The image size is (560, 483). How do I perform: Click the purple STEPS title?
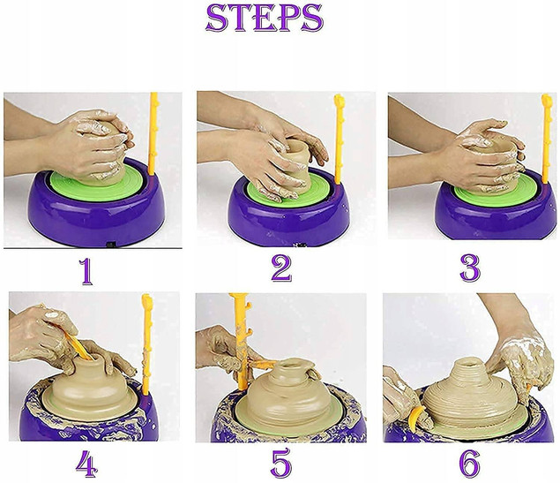point(265,18)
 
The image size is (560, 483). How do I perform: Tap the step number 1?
point(86,272)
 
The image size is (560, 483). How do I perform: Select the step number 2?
point(281,268)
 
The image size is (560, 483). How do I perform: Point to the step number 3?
point(470,268)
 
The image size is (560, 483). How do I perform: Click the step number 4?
point(86,464)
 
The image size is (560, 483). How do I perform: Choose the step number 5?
point(281,464)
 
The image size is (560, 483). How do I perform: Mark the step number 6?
point(469,464)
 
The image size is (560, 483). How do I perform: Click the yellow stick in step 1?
point(153,133)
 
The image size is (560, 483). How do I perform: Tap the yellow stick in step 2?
point(339,140)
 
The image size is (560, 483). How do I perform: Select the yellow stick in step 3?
point(546,139)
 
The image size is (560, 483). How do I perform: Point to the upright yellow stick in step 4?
point(146,344)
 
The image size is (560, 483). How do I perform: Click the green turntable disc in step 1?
point(97,183)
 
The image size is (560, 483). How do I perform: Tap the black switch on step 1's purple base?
point(111,245)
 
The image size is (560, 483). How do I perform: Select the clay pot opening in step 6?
point(474,363)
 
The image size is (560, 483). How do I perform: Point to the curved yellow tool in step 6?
point(414,419)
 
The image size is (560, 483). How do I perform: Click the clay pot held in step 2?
point(296,164)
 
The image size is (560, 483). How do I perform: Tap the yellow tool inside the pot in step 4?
point(78,346)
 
